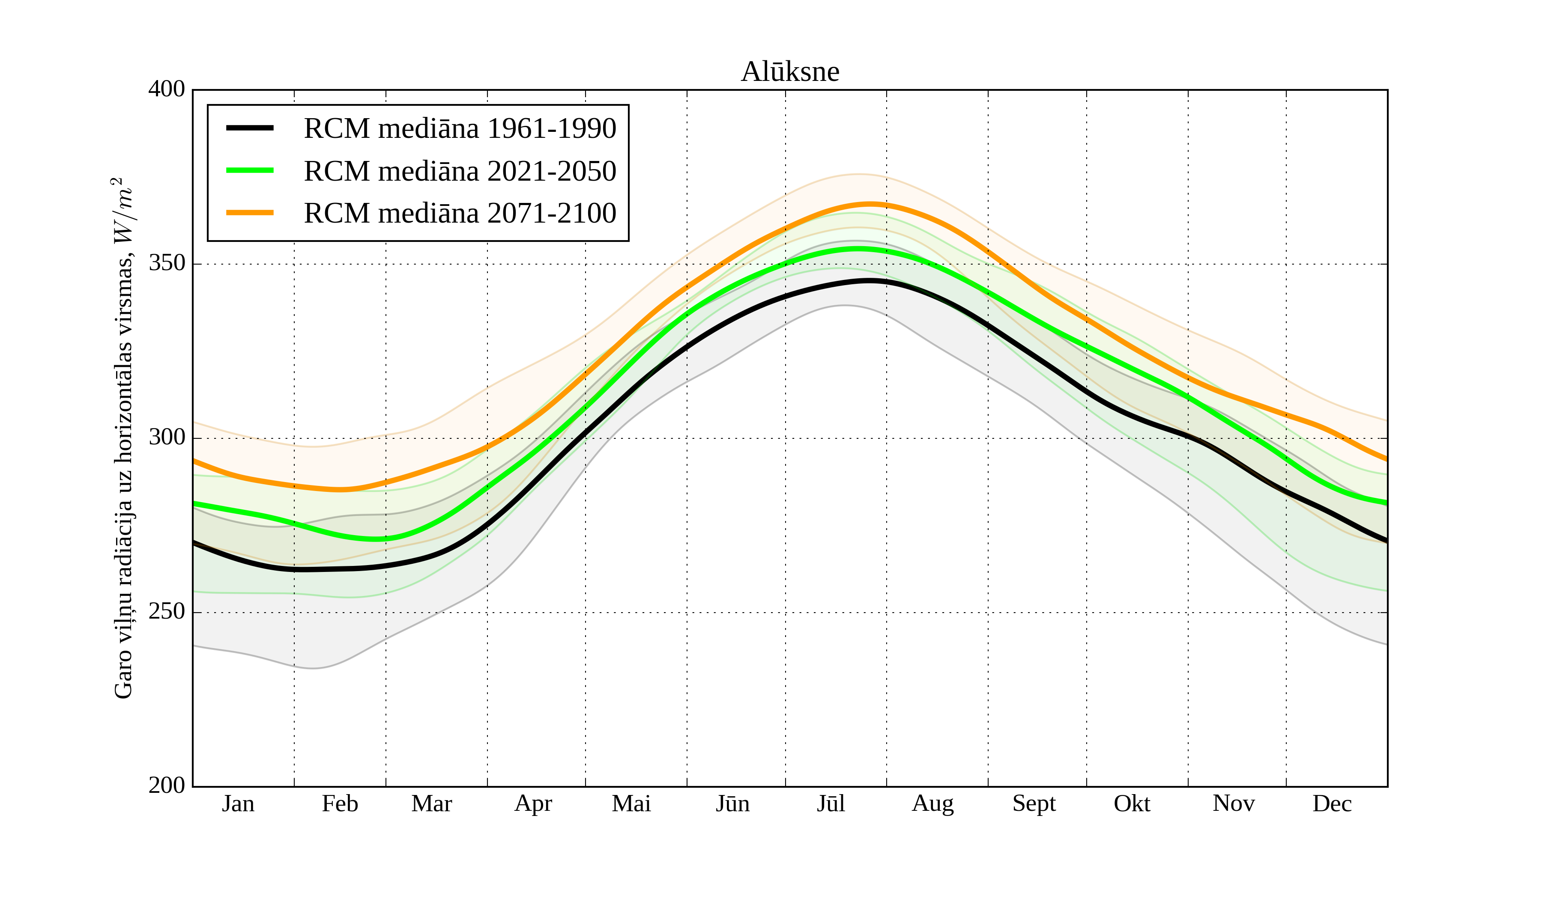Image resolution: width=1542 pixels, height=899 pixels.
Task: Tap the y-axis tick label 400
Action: click(167, 89)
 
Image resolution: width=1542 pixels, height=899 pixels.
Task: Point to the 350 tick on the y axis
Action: click(167, 264)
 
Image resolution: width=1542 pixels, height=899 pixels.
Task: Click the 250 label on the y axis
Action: click(167, 612)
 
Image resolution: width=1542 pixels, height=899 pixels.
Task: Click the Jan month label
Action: click(238, 804)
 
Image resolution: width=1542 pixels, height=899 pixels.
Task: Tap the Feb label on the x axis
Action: click(340, 804)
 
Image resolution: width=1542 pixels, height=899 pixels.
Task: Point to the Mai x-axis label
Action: click(631, 804)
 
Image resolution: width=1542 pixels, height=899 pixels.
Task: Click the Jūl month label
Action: click(831, 804)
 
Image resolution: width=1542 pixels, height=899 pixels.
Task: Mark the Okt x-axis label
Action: click(1132, 804)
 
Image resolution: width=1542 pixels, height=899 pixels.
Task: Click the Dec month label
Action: click(1332, 804)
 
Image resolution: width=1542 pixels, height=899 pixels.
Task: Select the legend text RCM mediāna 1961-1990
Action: click(460, 128)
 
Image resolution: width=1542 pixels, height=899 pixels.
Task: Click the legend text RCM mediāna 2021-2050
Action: click(460, 171)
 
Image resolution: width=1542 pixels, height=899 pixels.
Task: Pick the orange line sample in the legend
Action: click(250, 213)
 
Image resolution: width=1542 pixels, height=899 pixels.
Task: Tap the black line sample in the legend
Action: click(250, 128)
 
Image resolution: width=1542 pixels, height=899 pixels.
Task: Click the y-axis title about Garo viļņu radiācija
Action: click(124, 438)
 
